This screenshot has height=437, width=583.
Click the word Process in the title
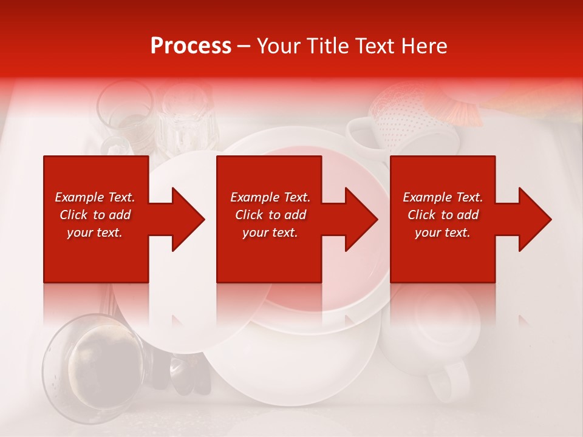[x=191, y=46]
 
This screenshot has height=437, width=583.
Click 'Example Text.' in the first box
[x=95, y=197]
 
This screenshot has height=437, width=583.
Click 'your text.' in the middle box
[x=270, y=232]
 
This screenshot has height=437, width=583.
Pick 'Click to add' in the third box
[x=443, y=215]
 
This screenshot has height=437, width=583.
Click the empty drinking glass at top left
[x=124, y=112]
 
